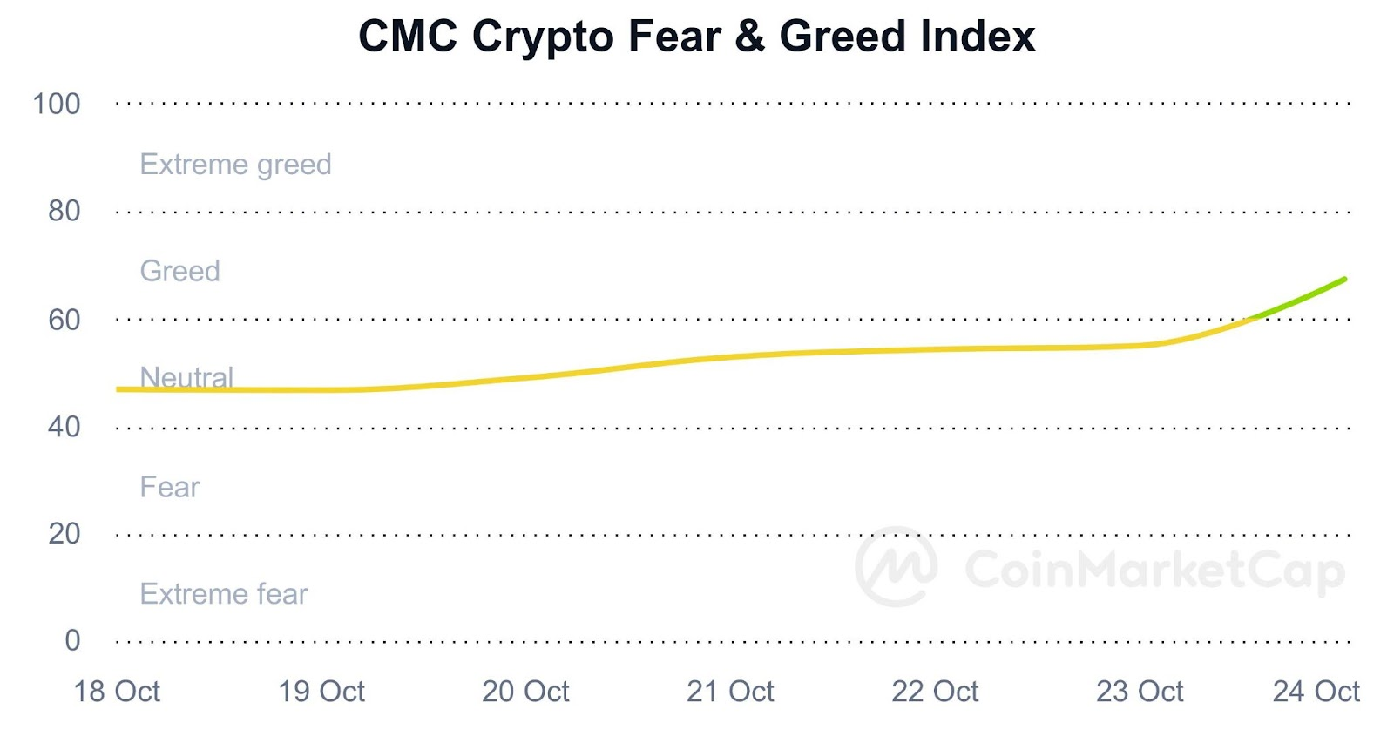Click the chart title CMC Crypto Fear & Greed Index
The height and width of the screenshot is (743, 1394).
(696, 37)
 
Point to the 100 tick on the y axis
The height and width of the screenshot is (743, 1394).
(57, 105)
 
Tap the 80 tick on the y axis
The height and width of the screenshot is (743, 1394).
(64, 212)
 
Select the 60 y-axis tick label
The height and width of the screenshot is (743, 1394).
(64, 321)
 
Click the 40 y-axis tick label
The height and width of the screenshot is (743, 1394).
(64, 428)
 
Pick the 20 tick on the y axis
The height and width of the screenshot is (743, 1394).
(64, 534)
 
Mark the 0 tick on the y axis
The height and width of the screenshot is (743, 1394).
(72, 641)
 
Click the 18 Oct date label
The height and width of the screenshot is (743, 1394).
(117, 692)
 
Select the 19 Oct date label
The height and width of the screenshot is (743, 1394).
(321, 692)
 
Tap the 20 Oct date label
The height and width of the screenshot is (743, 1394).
(525, 692)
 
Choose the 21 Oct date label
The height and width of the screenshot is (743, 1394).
(730, 692)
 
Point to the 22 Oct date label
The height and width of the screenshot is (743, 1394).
(935, 692)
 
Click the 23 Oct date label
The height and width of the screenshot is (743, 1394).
(1140, 692)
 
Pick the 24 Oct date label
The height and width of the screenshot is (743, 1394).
(1316, 692)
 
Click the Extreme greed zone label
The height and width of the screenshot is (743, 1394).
(235, 165)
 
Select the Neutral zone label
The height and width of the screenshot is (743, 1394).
(186, 377)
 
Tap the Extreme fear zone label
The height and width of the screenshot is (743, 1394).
(224, 594)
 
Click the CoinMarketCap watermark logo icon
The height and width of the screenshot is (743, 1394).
(897, 567)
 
